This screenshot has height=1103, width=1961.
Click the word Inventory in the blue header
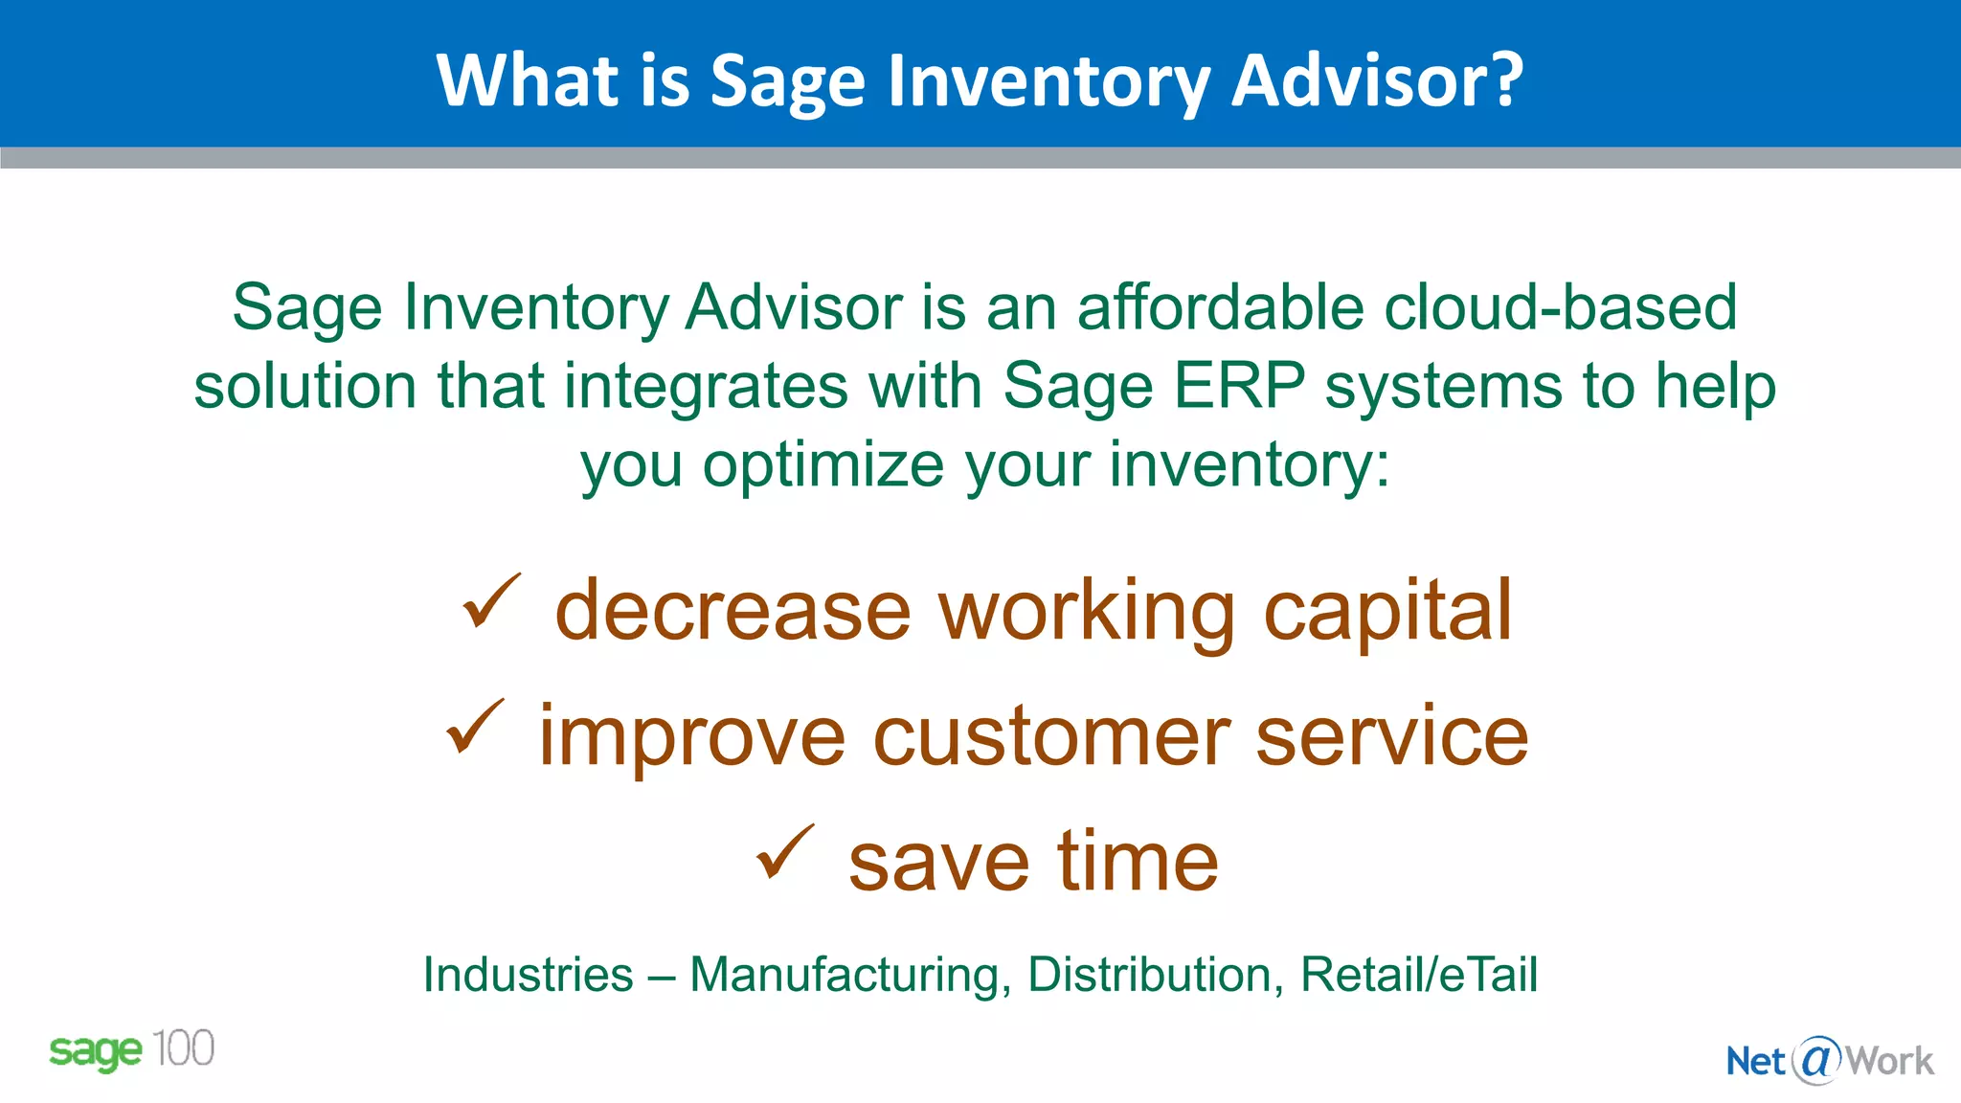pos(1049,80)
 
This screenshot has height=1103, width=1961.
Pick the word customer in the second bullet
pos(1051,736)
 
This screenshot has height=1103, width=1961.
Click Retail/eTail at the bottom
pos(1418,975)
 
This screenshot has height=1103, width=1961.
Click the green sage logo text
pos(95,1051)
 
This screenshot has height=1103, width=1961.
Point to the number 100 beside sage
pos(183,1048)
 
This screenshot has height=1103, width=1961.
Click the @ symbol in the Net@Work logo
pos(1815,1060)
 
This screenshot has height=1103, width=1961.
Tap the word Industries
pos(528,975)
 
